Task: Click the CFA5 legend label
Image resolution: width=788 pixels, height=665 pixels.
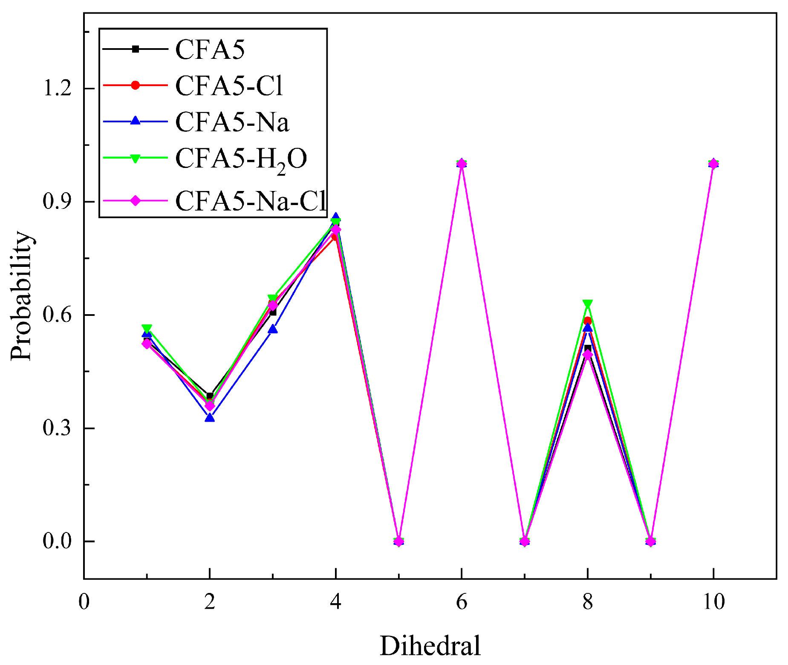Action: point(210,49)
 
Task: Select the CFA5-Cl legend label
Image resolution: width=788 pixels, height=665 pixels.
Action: point(229,86)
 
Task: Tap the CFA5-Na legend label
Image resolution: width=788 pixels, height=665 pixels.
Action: point(232,122)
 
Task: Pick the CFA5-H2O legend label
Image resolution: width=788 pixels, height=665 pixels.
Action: point(241,159)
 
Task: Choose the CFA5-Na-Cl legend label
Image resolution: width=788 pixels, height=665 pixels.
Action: point(250,201)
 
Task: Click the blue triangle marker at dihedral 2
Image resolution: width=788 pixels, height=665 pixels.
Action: point(209,418)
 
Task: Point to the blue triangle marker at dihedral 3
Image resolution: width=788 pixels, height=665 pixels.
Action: point(272,329)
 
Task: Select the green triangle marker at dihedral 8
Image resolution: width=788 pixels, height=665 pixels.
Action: point(588,304)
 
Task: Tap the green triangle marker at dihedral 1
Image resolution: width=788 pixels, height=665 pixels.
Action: point(147,329)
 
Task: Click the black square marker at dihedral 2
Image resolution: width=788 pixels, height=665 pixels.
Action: point(209,396)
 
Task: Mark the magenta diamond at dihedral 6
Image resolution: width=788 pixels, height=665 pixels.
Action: point(462,164)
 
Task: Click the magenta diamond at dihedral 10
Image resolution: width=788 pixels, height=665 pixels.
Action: point(713,164)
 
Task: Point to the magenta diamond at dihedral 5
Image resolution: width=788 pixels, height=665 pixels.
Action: point(398,541)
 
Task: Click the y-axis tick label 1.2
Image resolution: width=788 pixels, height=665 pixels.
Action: point(57,89)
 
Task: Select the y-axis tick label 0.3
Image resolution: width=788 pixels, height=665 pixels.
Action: point(57,428)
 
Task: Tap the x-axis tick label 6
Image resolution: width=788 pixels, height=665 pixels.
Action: point(462,602)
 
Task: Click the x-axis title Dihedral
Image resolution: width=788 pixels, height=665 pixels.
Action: point(430,645)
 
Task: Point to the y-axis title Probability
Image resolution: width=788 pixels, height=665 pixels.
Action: point(21,296)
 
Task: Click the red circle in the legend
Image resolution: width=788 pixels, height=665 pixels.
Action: point(135,85)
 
